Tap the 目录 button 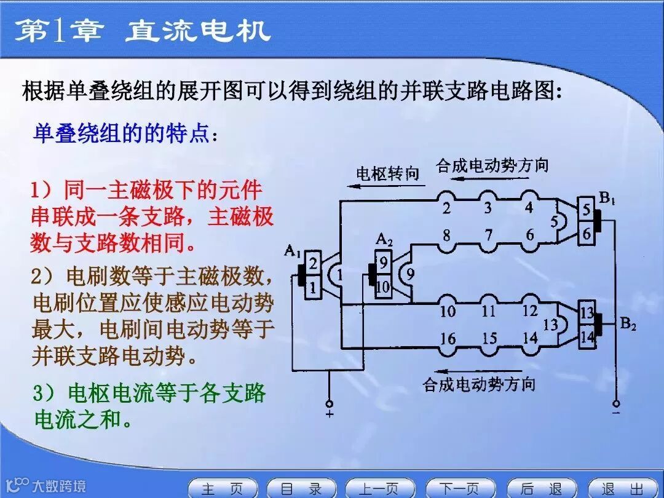click(x=301, y=488)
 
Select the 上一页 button click(x=380, y=488)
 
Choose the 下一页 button click(x=460, y=488)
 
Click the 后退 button click(x=540, y=488)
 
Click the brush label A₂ click(x=384, y=238)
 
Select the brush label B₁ click(x=607, y=198)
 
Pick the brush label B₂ click(x=627, y=324)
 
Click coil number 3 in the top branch click(x=488, y=207)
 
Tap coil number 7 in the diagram click(x=489, y=234)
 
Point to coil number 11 click(x=489, y=310)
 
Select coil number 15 click(x=489, y=338)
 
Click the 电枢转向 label click(x=387, y=174)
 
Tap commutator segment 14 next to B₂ click(x=588, y=336)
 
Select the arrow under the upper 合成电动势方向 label click(x=486, y=179)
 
